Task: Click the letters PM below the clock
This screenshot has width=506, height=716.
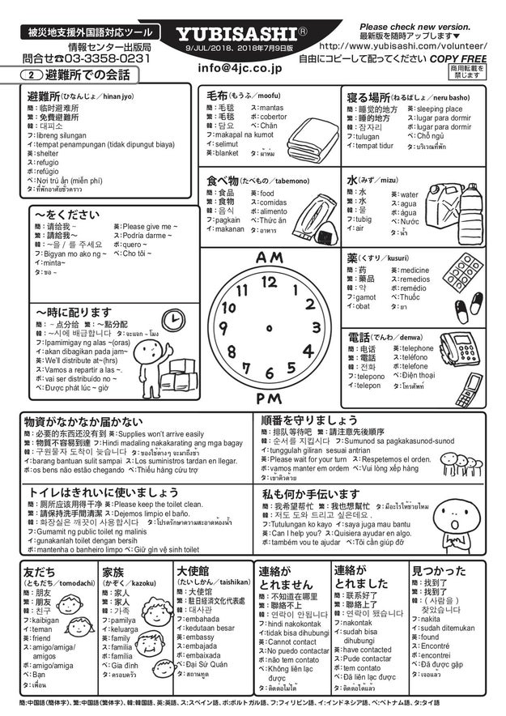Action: [269, 398]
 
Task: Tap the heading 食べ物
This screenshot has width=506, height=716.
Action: [222, 179]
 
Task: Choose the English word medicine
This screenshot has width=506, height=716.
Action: [415, 271]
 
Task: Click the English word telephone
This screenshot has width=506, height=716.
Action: [418, 348]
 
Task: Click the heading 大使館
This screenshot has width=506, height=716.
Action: [193, 570]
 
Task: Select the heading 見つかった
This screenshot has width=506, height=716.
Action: [438, 570]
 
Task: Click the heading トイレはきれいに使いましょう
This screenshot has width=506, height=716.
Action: [104, 492]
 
